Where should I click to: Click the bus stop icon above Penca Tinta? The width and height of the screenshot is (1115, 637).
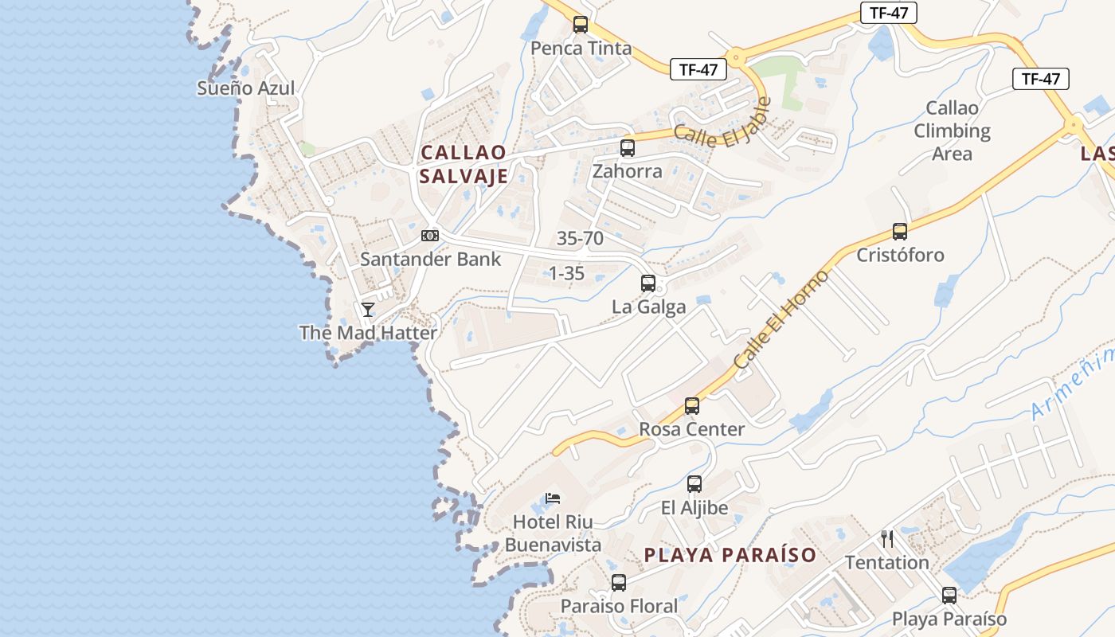tap(581, 25)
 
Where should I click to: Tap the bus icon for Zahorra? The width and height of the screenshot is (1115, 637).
tap(628, 147)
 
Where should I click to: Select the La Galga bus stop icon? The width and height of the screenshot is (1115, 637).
tap(648, 283)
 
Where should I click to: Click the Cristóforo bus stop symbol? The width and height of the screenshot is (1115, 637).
tap(900, 232)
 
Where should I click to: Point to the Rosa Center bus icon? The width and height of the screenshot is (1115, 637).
tap(692, 406)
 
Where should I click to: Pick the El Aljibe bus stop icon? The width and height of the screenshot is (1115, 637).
tap(694, 483)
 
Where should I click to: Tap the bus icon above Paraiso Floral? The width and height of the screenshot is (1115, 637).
tap(619, 583)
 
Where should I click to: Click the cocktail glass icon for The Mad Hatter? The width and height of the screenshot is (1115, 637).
tap(368, 309)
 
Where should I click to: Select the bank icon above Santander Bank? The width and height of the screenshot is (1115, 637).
tap(430, 236)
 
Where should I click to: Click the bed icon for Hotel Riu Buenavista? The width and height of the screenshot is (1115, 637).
tap(553, 499)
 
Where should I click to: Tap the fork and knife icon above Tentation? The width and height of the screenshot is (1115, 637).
tap(887, 539)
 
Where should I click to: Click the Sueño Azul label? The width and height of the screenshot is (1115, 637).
tap(246, 88)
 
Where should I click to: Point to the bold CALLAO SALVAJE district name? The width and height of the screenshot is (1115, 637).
tap(464, 164)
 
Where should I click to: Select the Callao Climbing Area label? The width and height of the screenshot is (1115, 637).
tap(952, 131)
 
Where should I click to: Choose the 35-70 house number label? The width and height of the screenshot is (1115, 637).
tap(580, 238)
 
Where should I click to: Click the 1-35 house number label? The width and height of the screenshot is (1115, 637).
tap(567, 274)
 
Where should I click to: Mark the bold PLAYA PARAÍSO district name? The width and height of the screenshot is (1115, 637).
tap(730, 555)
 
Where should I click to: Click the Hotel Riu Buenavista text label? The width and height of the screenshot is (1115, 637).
tap(553, 533)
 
